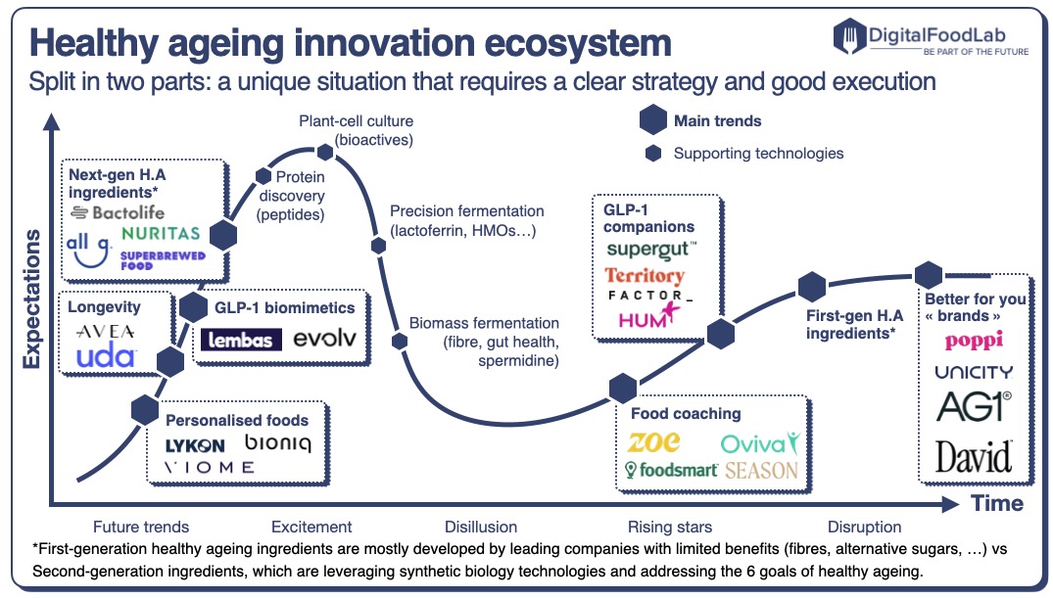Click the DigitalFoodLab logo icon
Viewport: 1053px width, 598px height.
(850, 37)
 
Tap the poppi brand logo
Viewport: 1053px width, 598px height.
(973, 340)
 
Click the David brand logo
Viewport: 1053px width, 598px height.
(973, 456)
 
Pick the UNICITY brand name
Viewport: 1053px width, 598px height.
(973, 372)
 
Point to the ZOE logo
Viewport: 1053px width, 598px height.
(654, 442)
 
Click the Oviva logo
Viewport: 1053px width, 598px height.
(759, 442)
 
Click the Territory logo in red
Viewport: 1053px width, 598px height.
(644, 276)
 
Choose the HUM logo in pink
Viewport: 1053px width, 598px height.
(642, 317)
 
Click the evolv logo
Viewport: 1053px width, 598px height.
(324, 339)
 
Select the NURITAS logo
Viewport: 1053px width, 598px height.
(161, 234)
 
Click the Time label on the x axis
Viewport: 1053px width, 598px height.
(997, 504)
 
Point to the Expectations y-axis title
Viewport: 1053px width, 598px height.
(32, 299)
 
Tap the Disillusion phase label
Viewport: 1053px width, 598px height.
(480, 527)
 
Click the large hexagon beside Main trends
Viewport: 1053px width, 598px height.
(653, 121)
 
